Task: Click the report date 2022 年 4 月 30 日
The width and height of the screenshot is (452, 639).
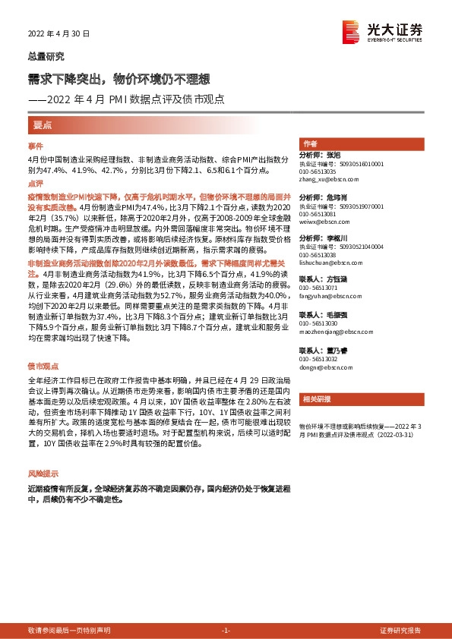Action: click(x=58, y=34)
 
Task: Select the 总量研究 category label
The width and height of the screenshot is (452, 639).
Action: click(x=46, y=56)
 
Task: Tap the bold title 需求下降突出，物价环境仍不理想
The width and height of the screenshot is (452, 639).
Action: click(x=119, y=78)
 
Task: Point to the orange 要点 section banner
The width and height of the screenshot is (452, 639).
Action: click(x=43, y=124)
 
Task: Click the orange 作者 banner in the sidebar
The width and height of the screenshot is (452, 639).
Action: click(x=310, y=143)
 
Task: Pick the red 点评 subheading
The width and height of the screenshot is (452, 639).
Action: click(x=36, y=184)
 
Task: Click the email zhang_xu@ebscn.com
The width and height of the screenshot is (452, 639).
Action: click(x=329, y=179)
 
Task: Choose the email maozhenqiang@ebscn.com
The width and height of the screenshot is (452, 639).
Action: click(x=333, y=332)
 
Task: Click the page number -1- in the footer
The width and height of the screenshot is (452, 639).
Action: click(x=226, y=630)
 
